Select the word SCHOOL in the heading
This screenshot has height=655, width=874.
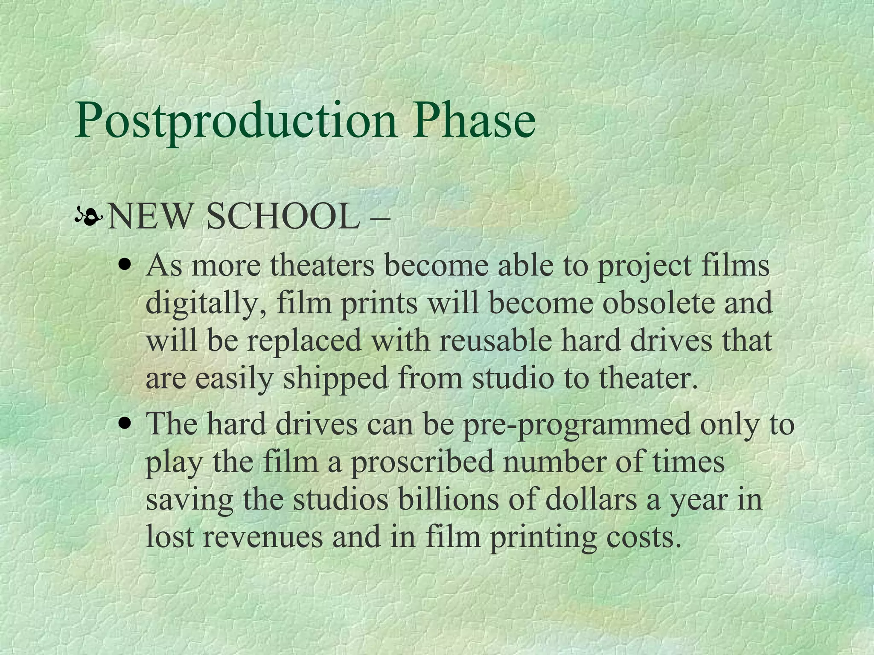coord(282,217)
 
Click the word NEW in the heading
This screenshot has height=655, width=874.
coord(149,217)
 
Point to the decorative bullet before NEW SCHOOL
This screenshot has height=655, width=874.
coord(88,218)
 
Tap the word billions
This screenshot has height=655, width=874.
coord(448,500)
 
